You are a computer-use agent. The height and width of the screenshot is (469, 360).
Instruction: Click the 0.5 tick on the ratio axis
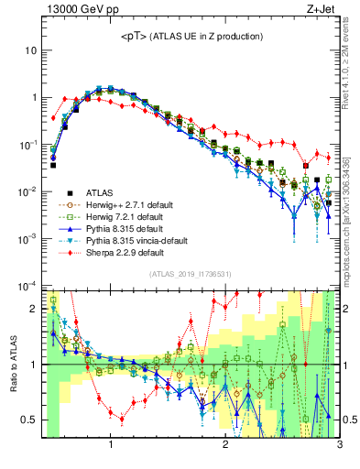[x=31, y=420]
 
